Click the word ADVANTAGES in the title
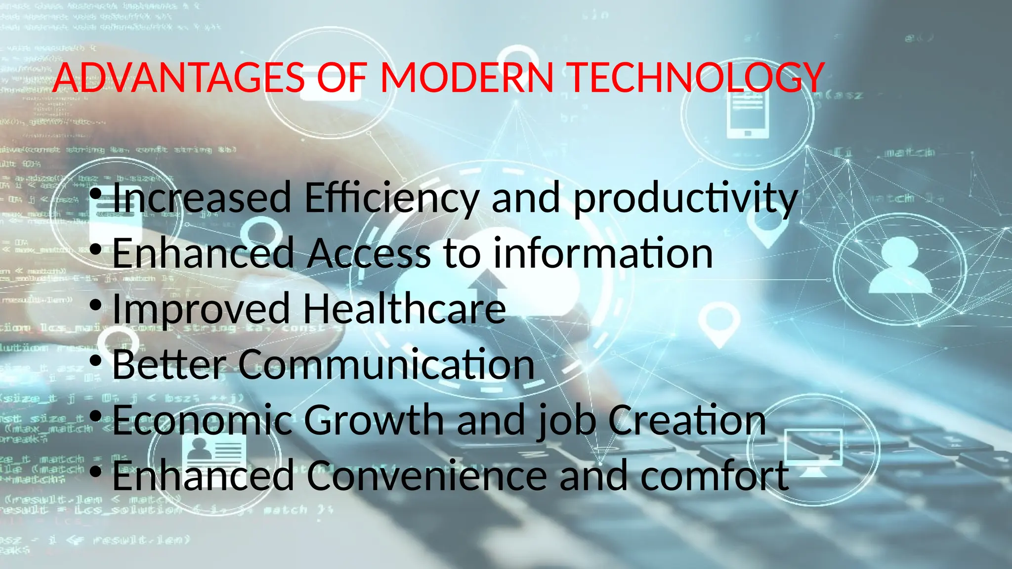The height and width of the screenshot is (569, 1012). point(178,78)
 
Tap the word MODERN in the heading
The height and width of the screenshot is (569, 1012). point(466,78)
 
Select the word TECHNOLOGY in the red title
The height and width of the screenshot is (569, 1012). point(697,78)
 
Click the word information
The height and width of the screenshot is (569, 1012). point(603,253)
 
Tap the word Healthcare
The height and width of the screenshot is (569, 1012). point(404,309)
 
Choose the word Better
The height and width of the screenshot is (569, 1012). point(169,365)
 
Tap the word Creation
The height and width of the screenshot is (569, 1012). point(687,420)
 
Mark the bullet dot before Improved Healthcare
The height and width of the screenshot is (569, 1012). point(96,305)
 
